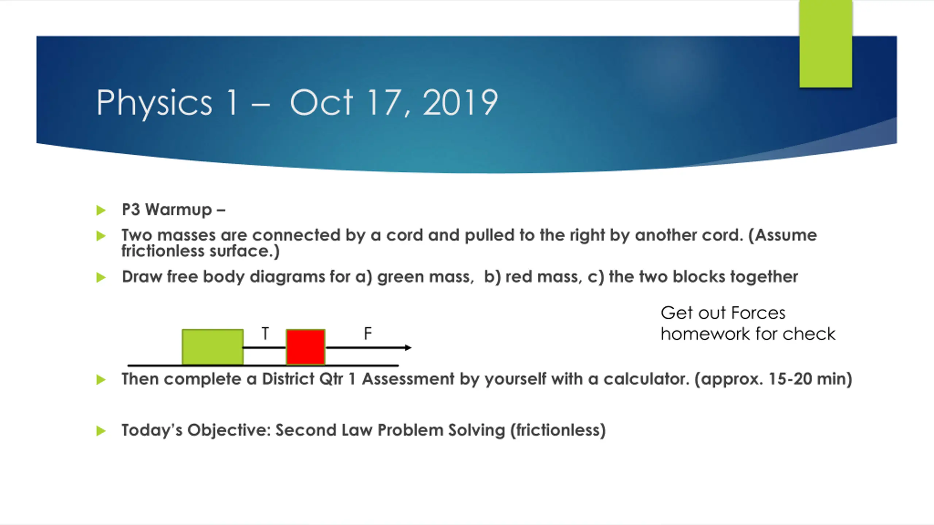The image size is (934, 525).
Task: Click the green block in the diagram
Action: [213, 347]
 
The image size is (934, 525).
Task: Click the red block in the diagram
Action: [306, 347]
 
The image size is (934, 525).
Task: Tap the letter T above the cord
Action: [265, 334]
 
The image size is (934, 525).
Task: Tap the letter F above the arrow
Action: [368, 334]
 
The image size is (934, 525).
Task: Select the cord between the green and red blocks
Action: [265, 348]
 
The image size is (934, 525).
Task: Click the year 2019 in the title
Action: [460, 103]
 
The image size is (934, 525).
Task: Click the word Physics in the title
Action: [154, 104]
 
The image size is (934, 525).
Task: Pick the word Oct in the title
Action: [321, 103]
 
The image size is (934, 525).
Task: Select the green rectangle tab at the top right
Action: [826, 44]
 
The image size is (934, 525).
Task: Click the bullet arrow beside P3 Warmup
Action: [101, 210]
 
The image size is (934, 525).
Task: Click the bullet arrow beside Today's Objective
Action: [101, 431]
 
